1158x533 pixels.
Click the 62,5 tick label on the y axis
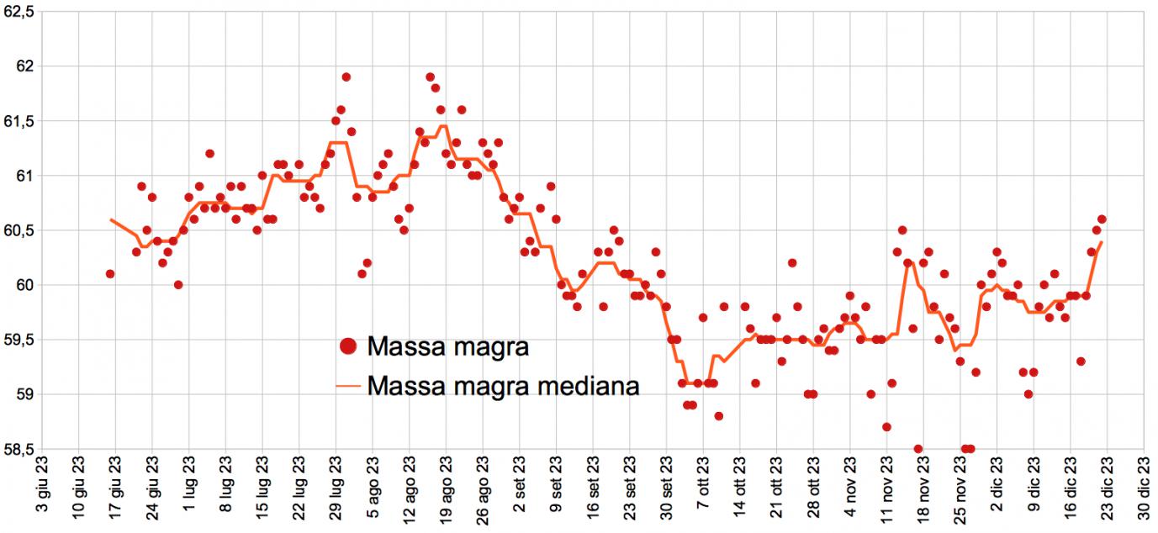point(18,12)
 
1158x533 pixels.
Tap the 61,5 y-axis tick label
point(18,121)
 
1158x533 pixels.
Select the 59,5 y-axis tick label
point(18,340)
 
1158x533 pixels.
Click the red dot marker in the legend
point(346,346)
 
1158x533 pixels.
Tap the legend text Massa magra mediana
point(504,386)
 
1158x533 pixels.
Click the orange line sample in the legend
point(347,387)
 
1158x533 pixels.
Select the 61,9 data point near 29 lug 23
point(346,77)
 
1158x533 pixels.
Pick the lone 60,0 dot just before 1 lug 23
point(178,285)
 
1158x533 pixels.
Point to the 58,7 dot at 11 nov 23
point(886,427)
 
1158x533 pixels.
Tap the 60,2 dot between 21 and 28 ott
point(792,263)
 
